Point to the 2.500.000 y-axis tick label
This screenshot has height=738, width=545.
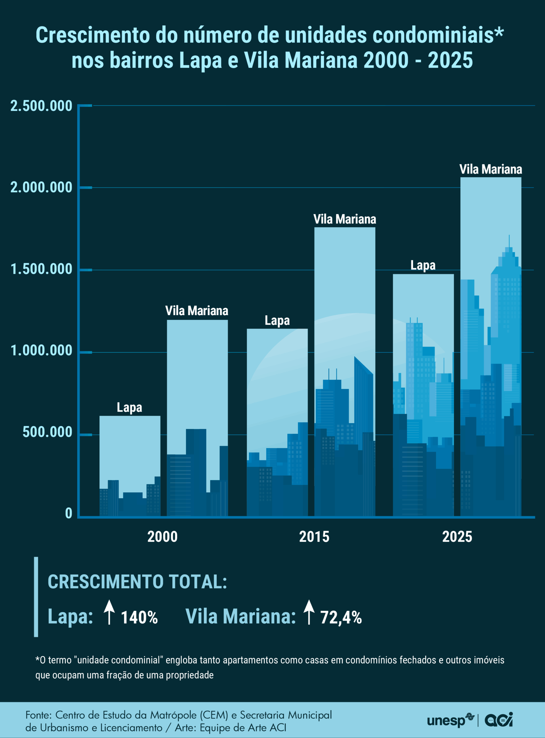(41, 106)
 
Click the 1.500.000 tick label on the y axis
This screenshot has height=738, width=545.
(41, 269)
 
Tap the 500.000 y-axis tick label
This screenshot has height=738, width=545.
(47, 432)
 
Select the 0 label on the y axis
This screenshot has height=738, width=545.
(69, 513)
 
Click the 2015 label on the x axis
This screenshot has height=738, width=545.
(314, 537)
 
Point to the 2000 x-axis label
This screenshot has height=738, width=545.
(162, 537)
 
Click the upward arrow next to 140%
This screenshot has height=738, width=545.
(109, 612)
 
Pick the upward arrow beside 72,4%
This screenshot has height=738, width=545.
(309, 612)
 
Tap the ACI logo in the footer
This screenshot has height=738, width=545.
(499, 720)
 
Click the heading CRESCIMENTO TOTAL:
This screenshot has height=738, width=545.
(137, 582)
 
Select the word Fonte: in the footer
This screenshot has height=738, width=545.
(39, 715)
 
